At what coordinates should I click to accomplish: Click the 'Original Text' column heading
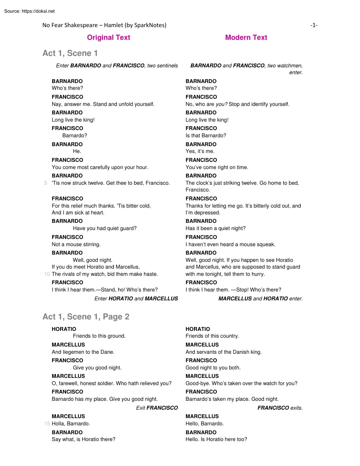(108, 37)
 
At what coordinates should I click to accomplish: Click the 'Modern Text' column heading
(246, 37)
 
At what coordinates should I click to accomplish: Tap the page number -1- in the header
(314, 25)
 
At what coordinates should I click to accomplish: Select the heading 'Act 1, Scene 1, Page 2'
(86, 316)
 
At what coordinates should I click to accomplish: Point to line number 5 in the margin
(45, 183)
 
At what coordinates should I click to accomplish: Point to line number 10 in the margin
(47, 274)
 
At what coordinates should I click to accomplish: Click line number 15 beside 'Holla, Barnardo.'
(47, 424)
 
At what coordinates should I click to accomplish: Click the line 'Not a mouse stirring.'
(76, 244)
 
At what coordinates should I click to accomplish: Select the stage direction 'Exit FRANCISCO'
(157, 408)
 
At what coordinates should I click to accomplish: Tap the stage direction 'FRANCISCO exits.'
(280, 408)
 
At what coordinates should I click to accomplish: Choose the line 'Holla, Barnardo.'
(71, 424)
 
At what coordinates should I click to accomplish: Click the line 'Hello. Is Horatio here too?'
(216, 439)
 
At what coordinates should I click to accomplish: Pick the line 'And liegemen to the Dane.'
(83, 352)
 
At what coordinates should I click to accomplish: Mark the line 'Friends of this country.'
(212, 336)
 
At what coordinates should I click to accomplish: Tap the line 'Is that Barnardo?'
(206, 136)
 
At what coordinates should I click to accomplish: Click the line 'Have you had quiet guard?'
(105, 228)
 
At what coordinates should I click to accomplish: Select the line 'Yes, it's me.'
(200, 151)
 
